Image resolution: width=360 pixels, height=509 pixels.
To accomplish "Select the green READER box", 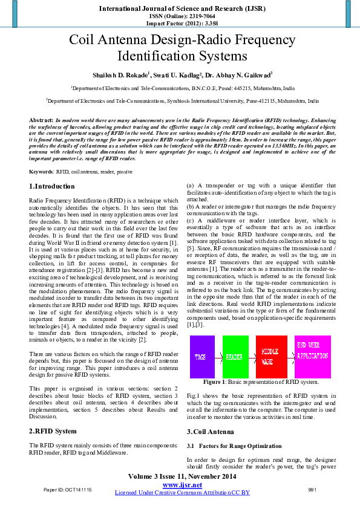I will click(235, 357).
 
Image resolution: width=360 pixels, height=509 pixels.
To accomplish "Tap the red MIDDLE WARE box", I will click(272, 357).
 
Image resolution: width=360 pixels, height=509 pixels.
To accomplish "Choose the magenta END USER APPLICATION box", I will click(313, 357).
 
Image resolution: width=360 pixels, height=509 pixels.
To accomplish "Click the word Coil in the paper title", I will click(84, 41).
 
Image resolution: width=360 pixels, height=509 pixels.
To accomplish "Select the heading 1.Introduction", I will click(52, 186).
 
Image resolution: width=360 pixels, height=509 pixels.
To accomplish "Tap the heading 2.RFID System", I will click(53, 431).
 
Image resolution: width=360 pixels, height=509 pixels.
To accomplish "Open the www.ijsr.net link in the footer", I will click(182, 485).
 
